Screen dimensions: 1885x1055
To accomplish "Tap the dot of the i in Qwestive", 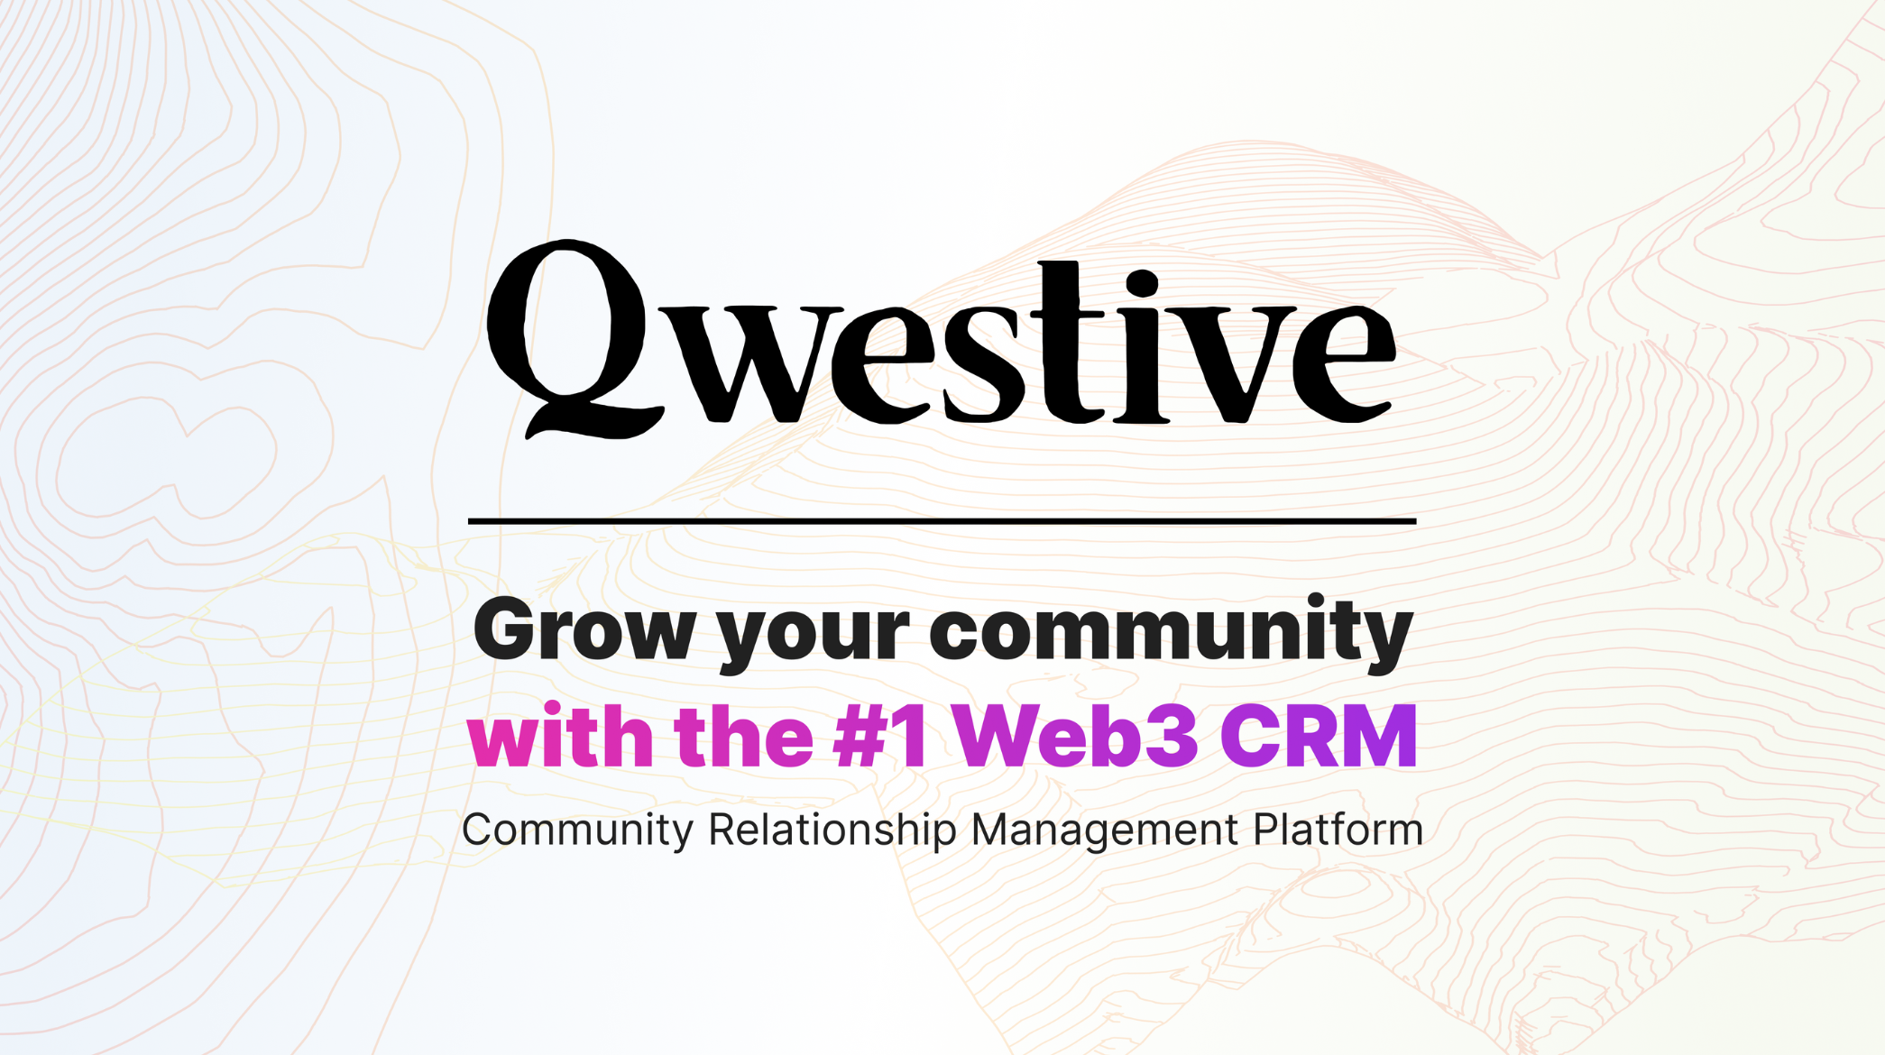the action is click(1142, 283).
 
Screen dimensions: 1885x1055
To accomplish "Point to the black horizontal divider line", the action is click(942, 521).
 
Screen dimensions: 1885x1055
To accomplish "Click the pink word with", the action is click(560, 735).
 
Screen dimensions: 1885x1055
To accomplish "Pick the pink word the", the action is click(743, 735).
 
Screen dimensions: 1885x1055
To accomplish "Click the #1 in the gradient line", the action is click(880, 735).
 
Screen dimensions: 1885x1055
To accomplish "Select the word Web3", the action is click(1075, 735).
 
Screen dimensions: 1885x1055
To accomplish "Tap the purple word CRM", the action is click(1319, 735).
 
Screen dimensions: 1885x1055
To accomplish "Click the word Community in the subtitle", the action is click(578, 830).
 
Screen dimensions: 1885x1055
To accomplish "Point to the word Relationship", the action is click(832, 830).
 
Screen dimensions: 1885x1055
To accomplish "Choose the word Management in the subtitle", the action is click(1105, 830).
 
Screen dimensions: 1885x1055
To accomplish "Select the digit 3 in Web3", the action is click(1170, 736).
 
